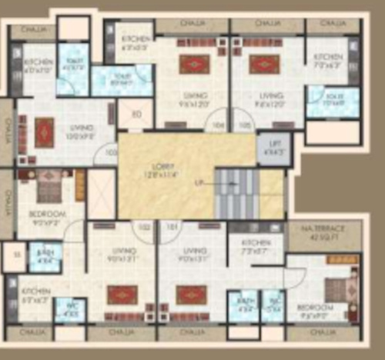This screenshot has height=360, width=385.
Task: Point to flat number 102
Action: pyautogui.click(x=143, y=227)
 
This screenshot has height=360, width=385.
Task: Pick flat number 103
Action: pyautogui.click(x=110, y=153)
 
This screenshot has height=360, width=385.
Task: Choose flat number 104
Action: pyautogui.click(x=219, y=124)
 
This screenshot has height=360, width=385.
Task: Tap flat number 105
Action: pyautogui.click(x=245, y=124)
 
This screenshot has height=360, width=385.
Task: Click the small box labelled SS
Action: pyautogui.click(x=14, y=257)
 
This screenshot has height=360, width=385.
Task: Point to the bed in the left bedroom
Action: pyautogui.click(x=50, y=185)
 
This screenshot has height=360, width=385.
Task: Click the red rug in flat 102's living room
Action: pyautogui.click(x=122, y=295)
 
